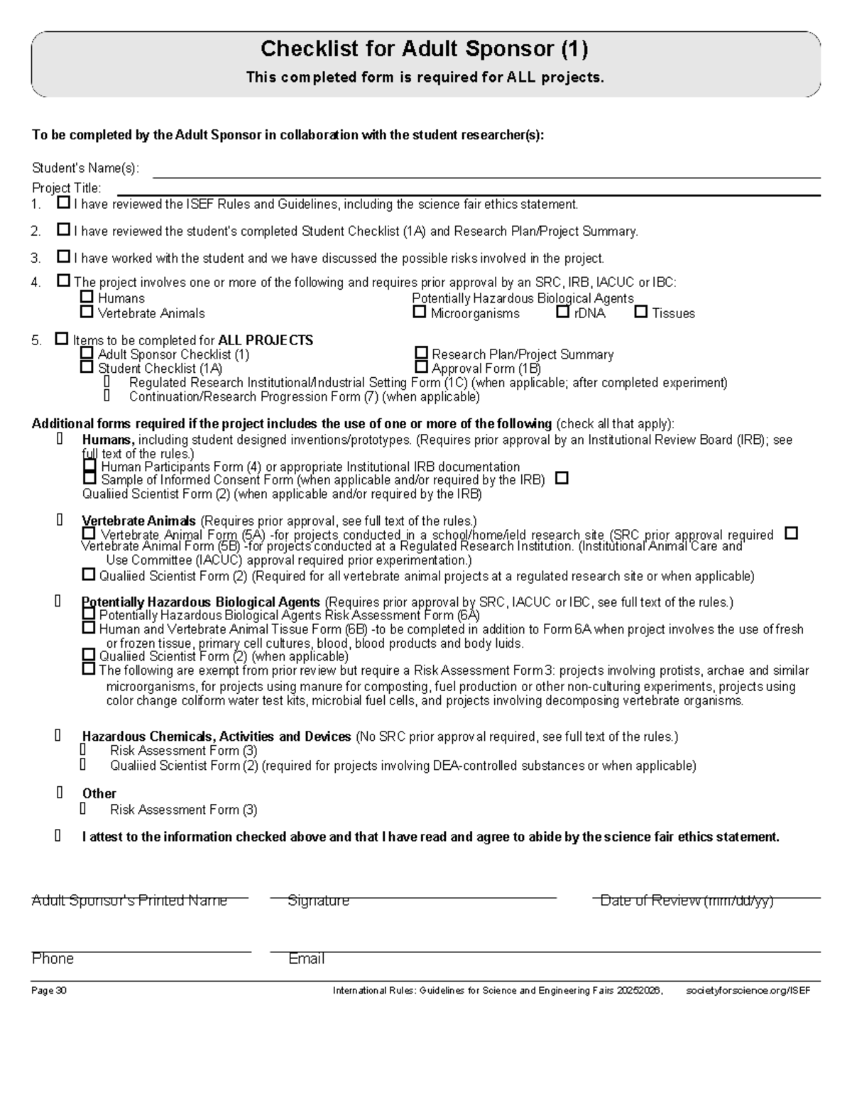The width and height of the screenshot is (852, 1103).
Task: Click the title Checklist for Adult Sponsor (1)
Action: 425,49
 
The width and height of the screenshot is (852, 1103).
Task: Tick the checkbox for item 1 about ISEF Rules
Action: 64,203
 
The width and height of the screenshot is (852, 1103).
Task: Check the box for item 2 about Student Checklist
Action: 64,230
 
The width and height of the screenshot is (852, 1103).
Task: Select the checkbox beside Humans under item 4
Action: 87,297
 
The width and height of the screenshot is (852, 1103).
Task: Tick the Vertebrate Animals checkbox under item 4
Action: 87,312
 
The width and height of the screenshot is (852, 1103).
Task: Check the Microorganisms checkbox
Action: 420,312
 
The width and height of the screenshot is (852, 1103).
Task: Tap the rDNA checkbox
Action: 563,312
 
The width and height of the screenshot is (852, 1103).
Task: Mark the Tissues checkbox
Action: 641,312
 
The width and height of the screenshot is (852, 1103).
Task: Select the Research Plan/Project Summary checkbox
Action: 422,353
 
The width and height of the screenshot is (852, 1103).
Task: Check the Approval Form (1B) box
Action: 422,367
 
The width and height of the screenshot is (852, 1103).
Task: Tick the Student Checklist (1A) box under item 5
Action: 87,367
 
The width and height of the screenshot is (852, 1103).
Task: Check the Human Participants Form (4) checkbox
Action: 89,466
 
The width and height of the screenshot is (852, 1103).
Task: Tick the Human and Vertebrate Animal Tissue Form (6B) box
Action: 89,628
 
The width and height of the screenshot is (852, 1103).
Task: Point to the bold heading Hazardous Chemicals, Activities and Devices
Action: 216,737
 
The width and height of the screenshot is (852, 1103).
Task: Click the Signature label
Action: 318,901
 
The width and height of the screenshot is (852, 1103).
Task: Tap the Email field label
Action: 306,959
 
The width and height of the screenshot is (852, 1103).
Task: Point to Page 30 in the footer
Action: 49,991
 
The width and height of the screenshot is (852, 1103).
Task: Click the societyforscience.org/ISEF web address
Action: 748,991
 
